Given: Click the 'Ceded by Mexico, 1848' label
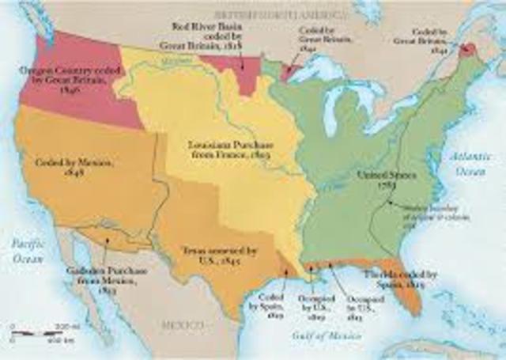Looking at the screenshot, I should (x=63, y=166).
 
